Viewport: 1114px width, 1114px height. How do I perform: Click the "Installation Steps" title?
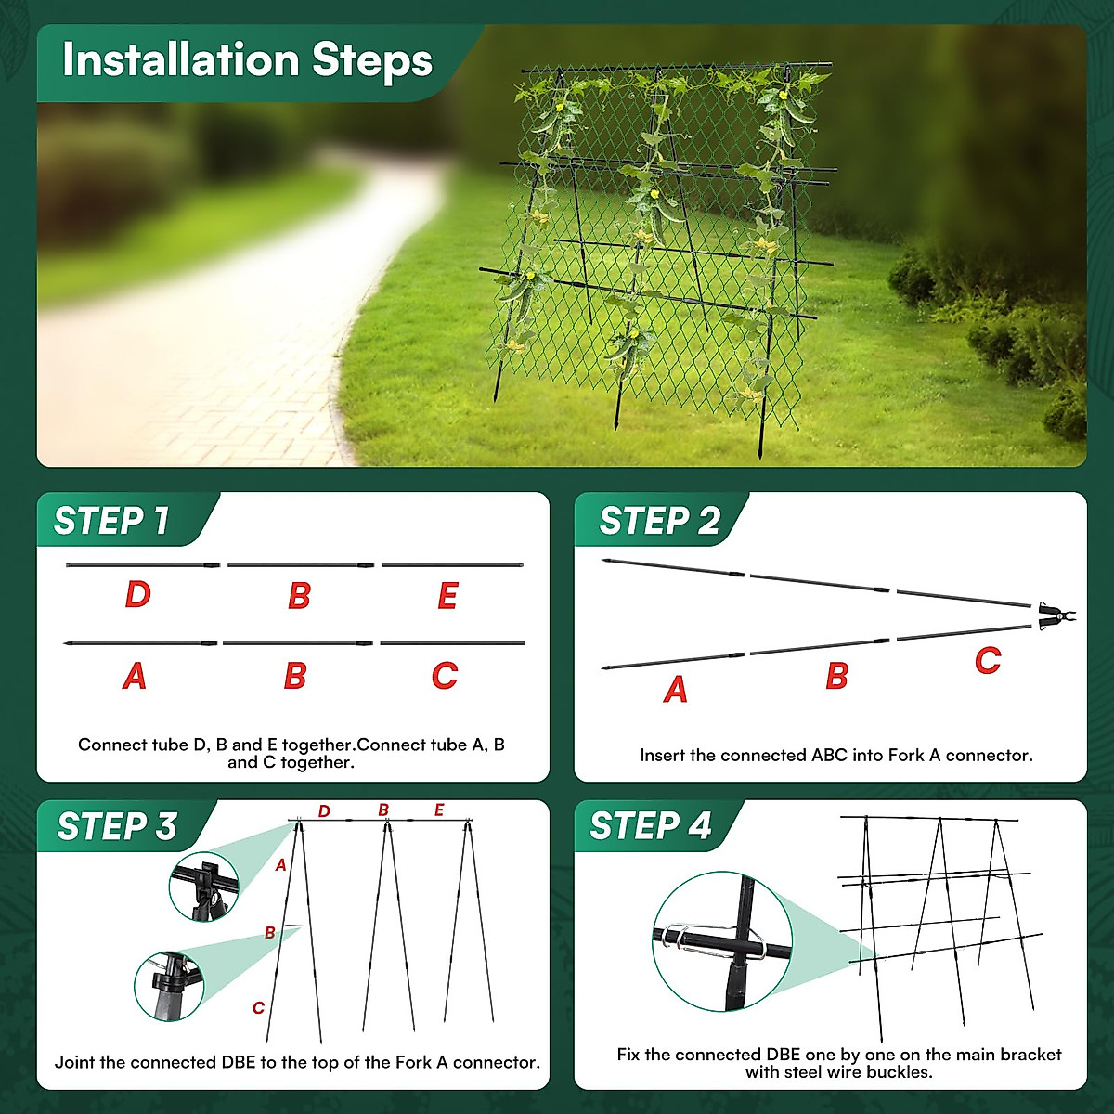pyautogui.click(x=247, y=60)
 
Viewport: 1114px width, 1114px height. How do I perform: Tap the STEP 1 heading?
pyautogui.click(x=111, y=521)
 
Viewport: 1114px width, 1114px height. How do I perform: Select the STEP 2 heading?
pyautogui.click(x=659, y=521)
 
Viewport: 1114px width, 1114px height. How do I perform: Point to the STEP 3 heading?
pyautogui.click(x=117, y=826)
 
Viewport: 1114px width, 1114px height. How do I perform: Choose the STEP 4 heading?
pyautogui.click(x=650, y=825)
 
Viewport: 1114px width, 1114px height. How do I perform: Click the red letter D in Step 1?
pyautogui.click(x=137, y=595)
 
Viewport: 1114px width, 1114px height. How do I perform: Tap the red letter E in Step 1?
pyautogui.click(x=447, y=596)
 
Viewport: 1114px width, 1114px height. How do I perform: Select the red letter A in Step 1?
pyautogui.click(x=135, y=676)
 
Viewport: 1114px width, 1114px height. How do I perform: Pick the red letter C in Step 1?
pyautogui.click(x=445, y=676)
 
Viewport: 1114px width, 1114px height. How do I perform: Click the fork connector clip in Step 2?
pyautogui.click(x=1055, y=615)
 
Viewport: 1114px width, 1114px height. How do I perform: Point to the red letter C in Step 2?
pyautogui.click(x=988, y=661)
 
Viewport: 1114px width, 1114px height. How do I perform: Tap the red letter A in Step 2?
pyautogui.click(x=676, y=690)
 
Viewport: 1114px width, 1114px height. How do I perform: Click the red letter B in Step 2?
pyautogui.click(x=836, y=677)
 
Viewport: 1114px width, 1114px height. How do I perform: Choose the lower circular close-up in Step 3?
pyautogui.click(x=169, y=986)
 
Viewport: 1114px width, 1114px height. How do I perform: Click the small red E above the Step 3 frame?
pyautogui.click(x=439, y=810)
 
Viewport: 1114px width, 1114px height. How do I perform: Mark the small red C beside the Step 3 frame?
pyautogui.click(x=258, y=1008)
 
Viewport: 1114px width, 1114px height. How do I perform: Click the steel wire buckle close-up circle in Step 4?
pyautogui.click(x=722, y=941)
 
